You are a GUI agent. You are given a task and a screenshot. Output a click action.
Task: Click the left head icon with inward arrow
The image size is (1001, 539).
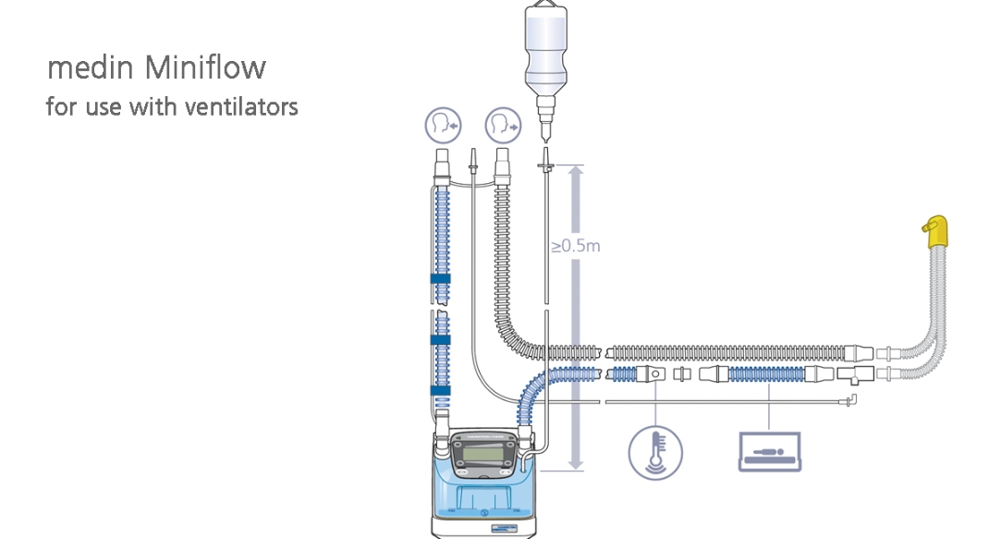pos(442,123)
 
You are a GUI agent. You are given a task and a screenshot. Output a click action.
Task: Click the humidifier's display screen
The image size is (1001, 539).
pos(482,456)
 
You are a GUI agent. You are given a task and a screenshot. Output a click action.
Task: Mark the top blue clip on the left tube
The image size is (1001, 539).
pos(439,278)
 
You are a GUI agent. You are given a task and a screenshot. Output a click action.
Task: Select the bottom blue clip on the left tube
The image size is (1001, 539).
pos(439,390)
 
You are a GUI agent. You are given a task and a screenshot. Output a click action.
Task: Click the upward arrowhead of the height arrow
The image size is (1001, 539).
pos(575,172)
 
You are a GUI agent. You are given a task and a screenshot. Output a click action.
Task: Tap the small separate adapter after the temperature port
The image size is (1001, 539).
pos(683,374)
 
